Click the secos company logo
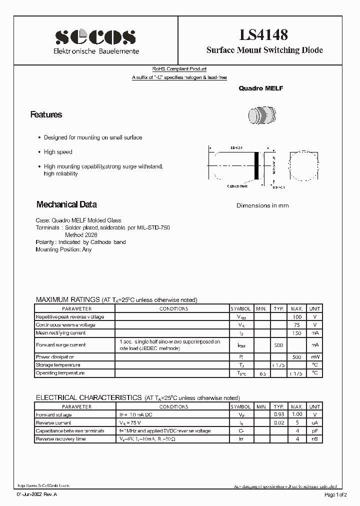point(95,37)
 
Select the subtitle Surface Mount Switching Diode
point(264,50)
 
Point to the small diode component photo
point(261,115)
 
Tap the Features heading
point(46,114)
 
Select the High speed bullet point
point(58,152)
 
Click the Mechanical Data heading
point(66,204)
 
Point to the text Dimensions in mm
point(262,205)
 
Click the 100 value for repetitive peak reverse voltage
point(297,317)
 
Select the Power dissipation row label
point(55,357)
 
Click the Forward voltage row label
point(54,415)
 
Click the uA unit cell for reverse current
point(314,423)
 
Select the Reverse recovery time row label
point(60,439)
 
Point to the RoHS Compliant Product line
point(179,69)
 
